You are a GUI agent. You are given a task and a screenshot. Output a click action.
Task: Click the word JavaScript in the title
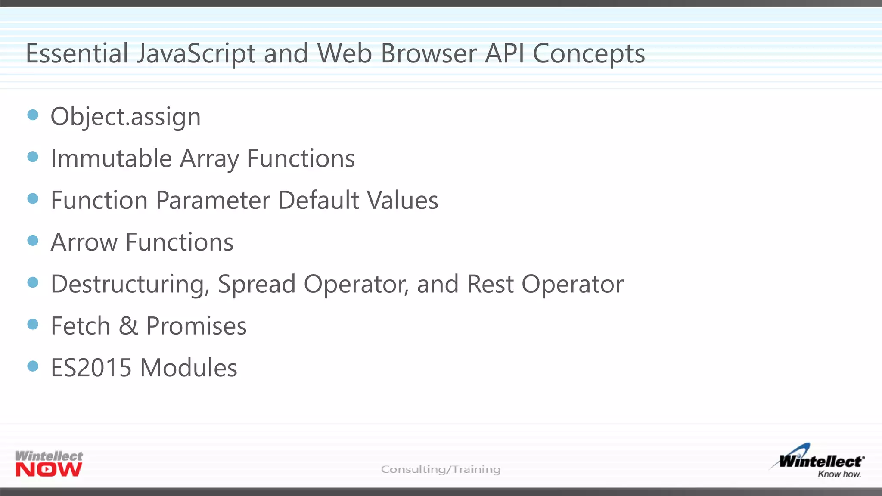click(196, 54)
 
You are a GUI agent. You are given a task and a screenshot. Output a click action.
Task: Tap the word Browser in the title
click(429, 54)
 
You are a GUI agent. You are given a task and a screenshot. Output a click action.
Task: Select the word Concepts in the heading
click(589, 55)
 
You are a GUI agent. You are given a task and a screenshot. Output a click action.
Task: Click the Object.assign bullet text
click(125, 117)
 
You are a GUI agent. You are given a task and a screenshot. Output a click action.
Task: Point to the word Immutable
click(111, 158)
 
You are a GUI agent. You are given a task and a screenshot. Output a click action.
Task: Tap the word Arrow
click(84, 242)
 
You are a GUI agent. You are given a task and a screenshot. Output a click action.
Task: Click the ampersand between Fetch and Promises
click(128, 326)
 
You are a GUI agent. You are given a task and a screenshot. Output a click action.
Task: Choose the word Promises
click(196, 326)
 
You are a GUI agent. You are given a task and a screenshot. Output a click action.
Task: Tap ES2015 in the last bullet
click(91, 368)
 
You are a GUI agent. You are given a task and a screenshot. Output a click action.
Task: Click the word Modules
click(189, 368)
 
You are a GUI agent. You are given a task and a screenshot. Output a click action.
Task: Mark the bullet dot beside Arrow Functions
click(33, 240)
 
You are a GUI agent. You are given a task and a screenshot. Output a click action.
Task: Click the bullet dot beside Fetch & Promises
click(33, 324)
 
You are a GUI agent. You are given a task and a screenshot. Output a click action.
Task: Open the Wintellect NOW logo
click(49, 464)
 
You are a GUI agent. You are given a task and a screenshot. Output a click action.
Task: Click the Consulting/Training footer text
click(441, 469)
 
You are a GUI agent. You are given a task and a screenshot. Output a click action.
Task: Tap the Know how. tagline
click(839, 474)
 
